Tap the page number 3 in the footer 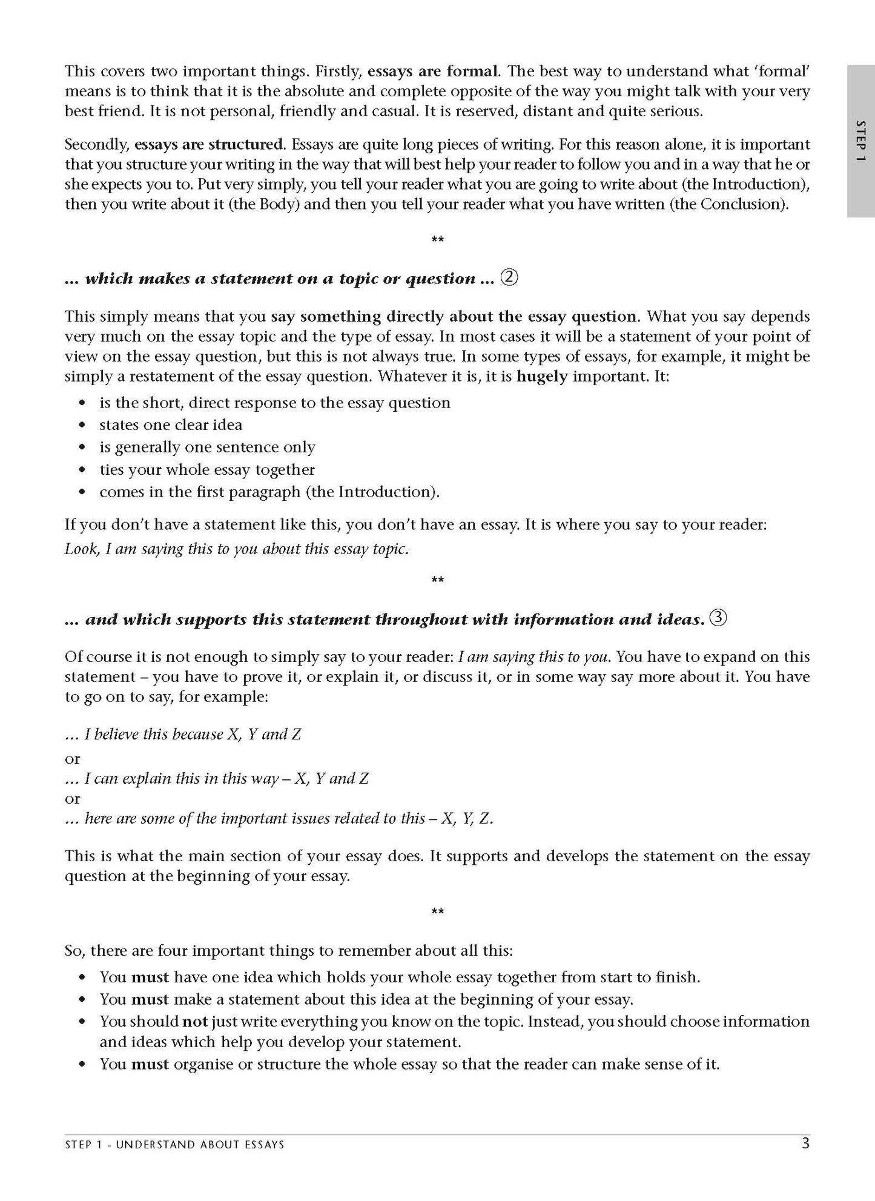coord(805,1143)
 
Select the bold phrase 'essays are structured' coord(209,145)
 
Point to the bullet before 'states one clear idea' coord(83,426)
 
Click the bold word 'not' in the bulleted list coord(195,1022)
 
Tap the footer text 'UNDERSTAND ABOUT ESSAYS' coord(200,1145)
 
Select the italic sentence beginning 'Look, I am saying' coord(236,549)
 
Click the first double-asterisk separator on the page coord(437,240)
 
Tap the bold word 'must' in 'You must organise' coord(150,1064)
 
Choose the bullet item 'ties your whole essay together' coord(207,470)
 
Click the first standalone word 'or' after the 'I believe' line coord(72,759)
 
